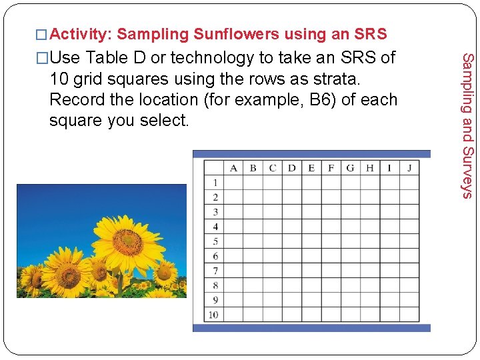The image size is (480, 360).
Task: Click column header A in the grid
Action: click(x=233, y=167)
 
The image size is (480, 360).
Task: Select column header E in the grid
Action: click(x=311, y=167)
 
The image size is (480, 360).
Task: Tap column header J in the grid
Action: click(x=409, y=167)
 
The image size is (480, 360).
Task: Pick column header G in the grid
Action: click(x=350, y=167)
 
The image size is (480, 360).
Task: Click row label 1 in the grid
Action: click(x=215, y=182)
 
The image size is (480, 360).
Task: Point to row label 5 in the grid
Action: click(x=215, y=241)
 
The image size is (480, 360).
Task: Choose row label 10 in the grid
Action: click(x=213, y=315)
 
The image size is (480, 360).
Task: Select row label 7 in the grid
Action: click(x=215, y=271)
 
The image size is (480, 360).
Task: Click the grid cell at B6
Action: click(x=253, y=256)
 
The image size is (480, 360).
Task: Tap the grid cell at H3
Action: click(x=369, y=212)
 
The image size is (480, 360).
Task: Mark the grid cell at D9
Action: click(x=291, y=300)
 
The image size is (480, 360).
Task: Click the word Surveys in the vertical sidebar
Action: click(x=468, y=171)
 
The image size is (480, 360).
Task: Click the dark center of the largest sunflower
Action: click(x=127, y=241)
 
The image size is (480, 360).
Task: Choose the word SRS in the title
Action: click(x=370, y=34)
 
